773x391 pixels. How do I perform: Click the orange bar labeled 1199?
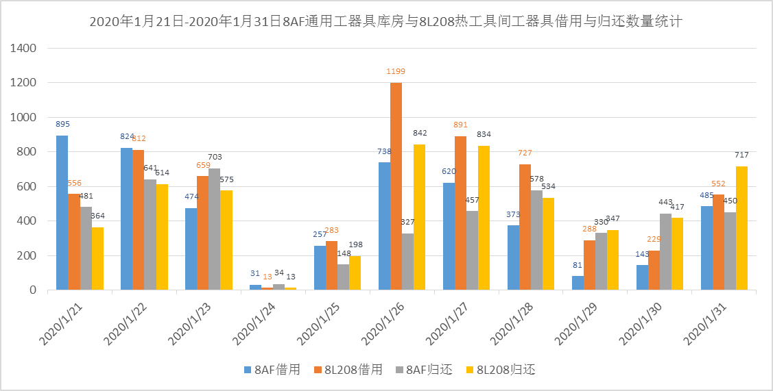pyautogui.click(x=396, y=186)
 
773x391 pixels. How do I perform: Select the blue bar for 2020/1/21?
pyautogui.click(x=62, y=213)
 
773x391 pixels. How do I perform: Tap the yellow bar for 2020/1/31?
pyautogui.click(x=741, y=228)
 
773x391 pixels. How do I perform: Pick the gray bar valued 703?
pyautogui.click(x=215, y=229)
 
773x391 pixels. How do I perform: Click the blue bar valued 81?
pyautogui.click(x=578, y=283)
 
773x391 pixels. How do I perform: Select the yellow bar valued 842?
pyautogui.click(x=420, y=217)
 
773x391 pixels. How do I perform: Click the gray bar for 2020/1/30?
pyautogui.click(x=665, y=252)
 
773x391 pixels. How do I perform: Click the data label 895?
pyautogui.click(x=62, y=125)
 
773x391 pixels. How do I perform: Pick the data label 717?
pyautogui.click(x=742, y=155)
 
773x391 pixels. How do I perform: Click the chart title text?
pyautogui.click(x=386, y=22)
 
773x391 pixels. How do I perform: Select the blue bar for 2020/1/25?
pyautogui.click(x=320, y=268)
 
